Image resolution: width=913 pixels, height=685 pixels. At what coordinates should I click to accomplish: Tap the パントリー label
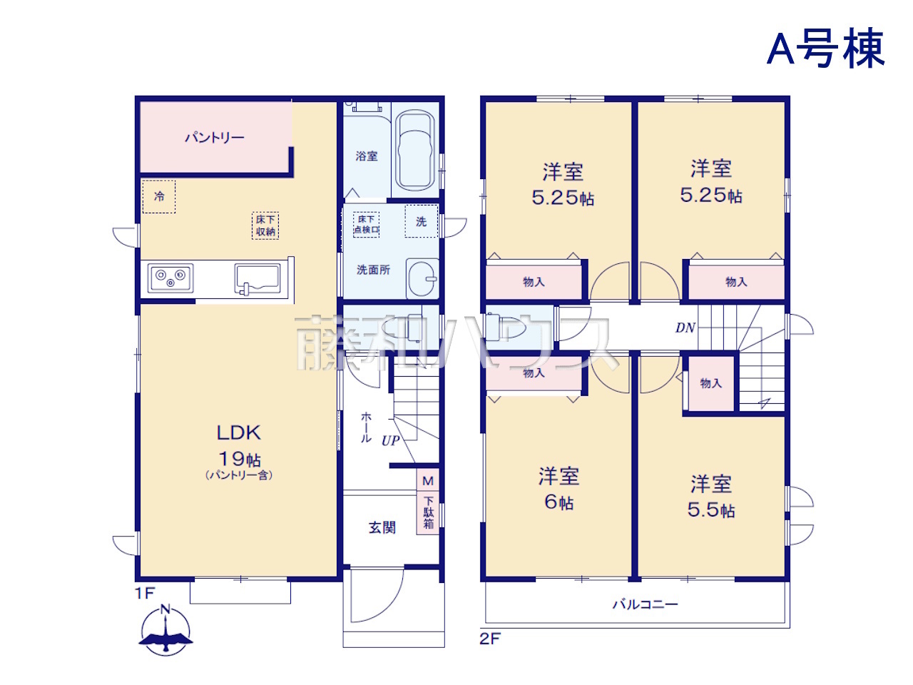click(214, 137)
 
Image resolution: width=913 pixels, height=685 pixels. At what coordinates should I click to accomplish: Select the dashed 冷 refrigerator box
click(159, 196)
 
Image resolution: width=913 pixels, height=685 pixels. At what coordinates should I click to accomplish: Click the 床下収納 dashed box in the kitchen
click(265, 226)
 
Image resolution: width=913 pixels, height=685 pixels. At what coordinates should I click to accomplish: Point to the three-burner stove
click(170, 278)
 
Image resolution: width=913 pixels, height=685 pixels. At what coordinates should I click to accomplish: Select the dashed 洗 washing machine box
click(422, 221)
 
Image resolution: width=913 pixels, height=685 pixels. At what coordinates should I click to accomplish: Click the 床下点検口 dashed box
click(366, 225)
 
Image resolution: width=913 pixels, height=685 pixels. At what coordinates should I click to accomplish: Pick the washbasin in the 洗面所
click(422, 278)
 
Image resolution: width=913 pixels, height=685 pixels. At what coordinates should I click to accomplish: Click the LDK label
click(239, 433)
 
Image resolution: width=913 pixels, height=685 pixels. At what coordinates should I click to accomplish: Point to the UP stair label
click(391, 440)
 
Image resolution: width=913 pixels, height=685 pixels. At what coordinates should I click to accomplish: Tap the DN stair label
click(685, 328)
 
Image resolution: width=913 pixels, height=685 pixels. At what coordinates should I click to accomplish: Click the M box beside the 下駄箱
click(428, 481)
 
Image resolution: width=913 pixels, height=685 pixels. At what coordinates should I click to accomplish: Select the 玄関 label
click(382, 528)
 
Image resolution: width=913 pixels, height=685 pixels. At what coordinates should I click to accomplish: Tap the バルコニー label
click(645, 604)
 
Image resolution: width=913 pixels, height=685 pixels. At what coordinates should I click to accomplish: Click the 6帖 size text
click(559, 502)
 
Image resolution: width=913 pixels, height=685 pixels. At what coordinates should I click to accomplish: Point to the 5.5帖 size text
click(711, 510)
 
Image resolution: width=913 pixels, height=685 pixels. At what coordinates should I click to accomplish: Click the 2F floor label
click(490, 639)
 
